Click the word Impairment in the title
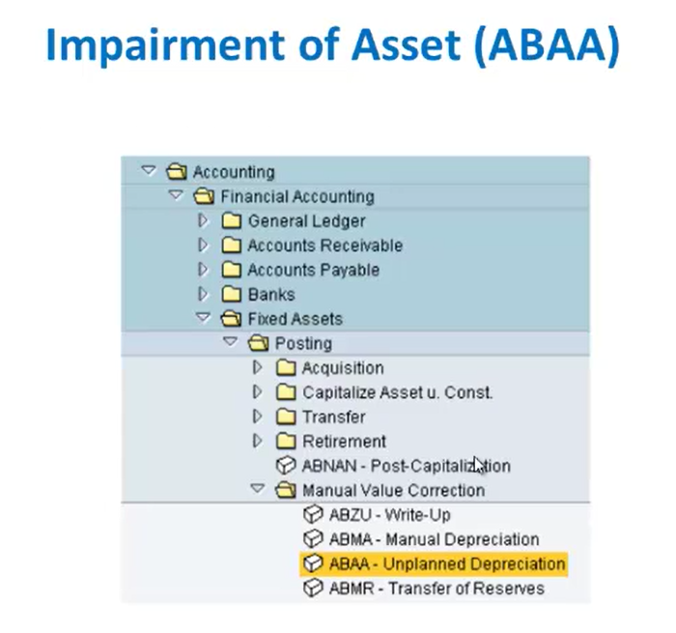[165, 46]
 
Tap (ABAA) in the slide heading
[547, 45]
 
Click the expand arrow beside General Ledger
[203, 220]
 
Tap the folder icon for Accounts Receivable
[232, 245]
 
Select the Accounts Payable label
[314, 271]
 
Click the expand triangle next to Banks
[203, 295]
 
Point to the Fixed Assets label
[296, 319]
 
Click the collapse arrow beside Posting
[230, 342]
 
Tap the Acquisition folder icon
[286, 368]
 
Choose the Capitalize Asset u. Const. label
[397, 392]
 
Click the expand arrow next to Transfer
[258, 417]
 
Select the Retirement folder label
[344, 442]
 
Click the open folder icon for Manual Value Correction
[286, 490]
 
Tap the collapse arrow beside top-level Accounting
[149, 170]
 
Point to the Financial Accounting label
[297, 196]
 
